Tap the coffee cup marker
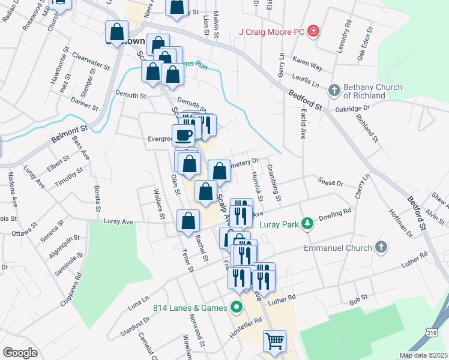pos(184,134)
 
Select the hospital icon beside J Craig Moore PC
pos(312,31)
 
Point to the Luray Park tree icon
pos(308,224)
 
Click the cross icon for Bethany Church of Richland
pos(334,91)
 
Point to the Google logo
pos(20,353)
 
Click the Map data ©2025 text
pos(423,355)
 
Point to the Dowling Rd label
pos(334,216)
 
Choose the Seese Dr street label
pos(330,182)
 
